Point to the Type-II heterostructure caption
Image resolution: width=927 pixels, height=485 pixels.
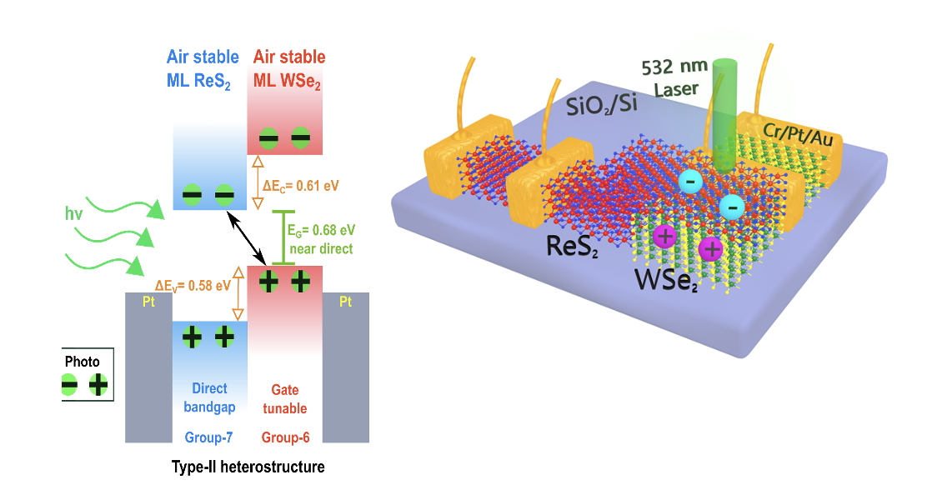coord(248,467)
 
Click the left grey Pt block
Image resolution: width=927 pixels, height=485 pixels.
coord(148,367)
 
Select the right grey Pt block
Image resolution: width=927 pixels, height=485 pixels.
coord(345,367)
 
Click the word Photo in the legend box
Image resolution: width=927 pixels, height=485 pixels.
coord(83,362)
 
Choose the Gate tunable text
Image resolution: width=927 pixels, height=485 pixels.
coord(285,399)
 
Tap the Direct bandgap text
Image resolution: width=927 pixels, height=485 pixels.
coord(209,398)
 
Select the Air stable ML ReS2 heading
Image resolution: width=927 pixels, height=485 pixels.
coord(203,68)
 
